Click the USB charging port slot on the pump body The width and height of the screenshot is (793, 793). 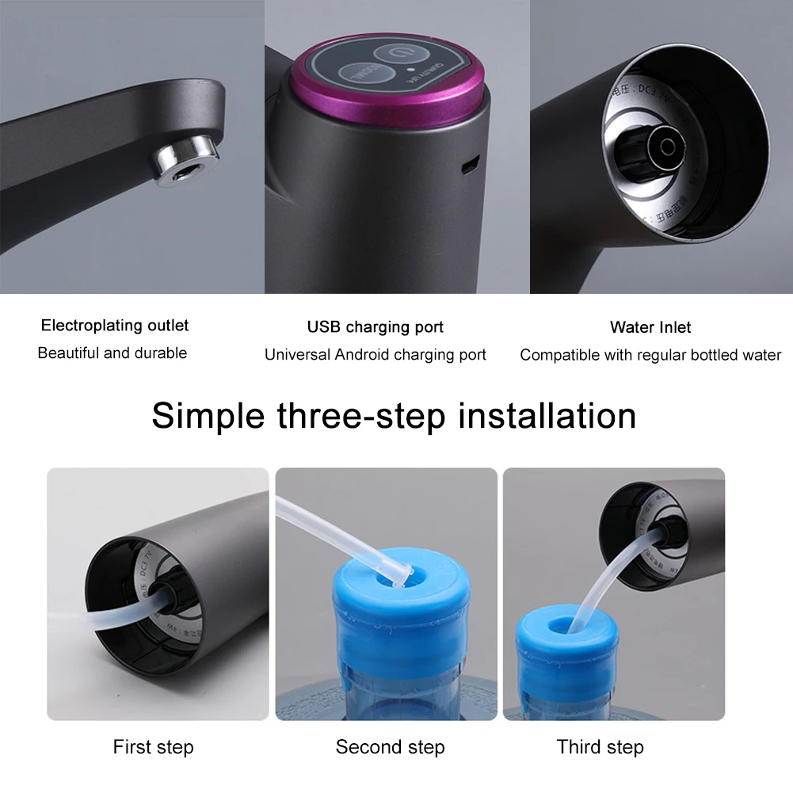tap(470, 165)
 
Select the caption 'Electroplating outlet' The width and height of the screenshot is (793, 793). tap(115, 326)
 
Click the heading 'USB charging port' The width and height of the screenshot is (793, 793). tap(375, 327)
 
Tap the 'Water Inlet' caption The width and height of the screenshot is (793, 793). tap(650, 327)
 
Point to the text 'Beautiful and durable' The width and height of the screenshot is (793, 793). tap(112, 353)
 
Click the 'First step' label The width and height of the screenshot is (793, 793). tap(153, 746)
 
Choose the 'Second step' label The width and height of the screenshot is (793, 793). tap(390, 746)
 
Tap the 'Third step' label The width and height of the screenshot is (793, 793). tap(600, 746)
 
